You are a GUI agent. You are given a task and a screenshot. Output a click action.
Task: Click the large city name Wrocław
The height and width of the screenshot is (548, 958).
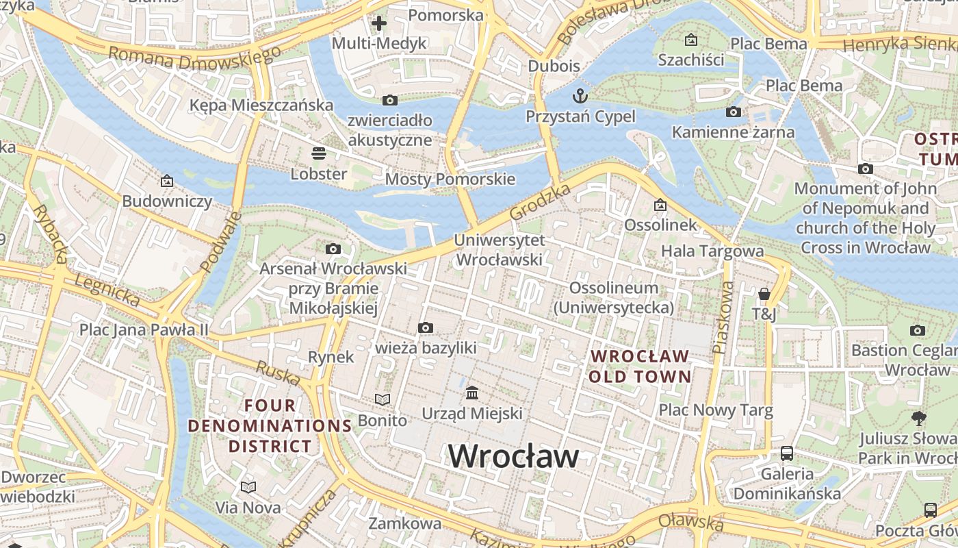(513, 456)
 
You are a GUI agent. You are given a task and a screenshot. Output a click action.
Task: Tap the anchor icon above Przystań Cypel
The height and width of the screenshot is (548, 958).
(580, 95)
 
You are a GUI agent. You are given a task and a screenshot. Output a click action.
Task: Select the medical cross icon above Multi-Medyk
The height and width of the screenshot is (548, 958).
(378, 23)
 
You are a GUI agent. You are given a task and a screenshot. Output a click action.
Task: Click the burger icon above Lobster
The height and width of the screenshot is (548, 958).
(318, 153)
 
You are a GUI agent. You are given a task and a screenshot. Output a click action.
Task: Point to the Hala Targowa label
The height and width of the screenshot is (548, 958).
(712, 251)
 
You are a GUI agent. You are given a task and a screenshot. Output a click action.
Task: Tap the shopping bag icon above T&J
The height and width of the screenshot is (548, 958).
(764, 294)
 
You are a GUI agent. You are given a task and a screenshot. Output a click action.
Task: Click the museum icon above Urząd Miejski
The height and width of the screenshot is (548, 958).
(471, 393)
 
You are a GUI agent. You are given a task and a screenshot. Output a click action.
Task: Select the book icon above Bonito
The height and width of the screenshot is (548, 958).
(383, 399)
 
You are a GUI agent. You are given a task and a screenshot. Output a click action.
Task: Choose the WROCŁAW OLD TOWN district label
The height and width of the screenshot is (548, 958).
(640, 366)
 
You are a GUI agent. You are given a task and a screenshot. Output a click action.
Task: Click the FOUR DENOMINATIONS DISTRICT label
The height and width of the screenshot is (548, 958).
(270, 426)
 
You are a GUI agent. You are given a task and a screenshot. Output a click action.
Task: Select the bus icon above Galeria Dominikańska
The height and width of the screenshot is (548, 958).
(787, 453)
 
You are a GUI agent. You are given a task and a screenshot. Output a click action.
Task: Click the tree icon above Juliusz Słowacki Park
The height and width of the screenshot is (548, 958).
(919, 418)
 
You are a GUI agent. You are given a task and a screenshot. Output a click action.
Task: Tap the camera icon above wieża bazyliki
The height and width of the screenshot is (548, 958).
(426, 327)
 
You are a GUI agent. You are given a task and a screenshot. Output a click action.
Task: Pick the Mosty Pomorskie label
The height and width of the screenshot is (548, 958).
(450, 179)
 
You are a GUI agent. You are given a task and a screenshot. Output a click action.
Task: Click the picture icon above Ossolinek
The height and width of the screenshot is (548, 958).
(660, 205)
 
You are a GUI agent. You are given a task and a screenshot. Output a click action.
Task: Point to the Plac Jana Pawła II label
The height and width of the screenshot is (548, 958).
(144, 329)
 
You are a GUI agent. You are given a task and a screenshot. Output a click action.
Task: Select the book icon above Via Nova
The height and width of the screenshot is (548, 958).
(248, 487)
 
